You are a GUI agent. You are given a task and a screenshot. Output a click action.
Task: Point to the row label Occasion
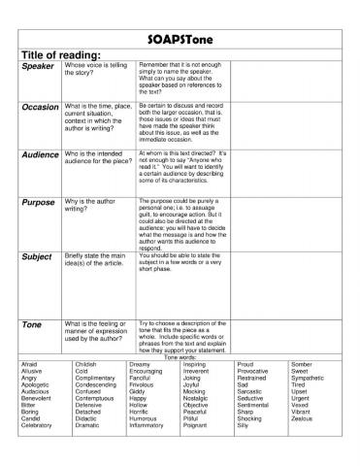(x=40, y=106)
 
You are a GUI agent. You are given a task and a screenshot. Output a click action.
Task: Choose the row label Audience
(x=40, y=154)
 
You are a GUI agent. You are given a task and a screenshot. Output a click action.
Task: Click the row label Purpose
(x=38, y=203)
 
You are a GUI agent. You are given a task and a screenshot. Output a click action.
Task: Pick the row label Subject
(x=36, y=257)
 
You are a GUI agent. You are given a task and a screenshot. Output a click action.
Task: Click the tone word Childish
(x=87, y=364)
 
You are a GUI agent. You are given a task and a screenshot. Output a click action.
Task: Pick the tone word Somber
(x=303, y=364)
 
